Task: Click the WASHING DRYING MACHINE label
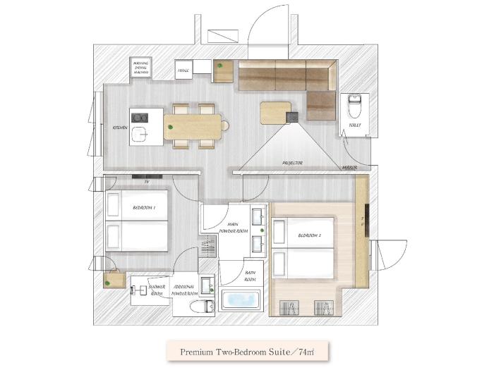click(x=141, y=67)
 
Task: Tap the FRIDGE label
click(x=183, y=71)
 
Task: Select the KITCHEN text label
click(x=121, y=128)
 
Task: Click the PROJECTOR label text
click(x=292, y=164)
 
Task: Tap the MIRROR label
click(x=348, y=168)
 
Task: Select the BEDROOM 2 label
click(x=310, y=235)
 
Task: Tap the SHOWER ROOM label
click(x=157, y=290)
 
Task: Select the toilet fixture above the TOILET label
click(x=354, y=106)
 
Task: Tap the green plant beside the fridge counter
click(x=219, y=66)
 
